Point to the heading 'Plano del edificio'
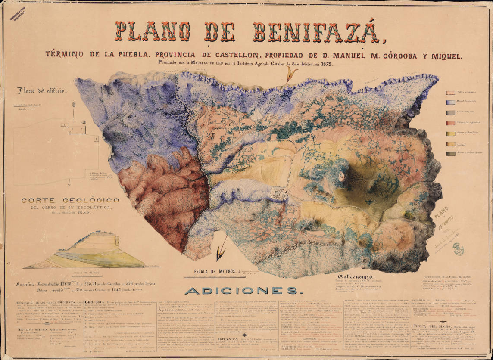coord(41,90)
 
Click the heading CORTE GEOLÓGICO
coord(70,200)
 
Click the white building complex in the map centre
coord(279,193)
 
